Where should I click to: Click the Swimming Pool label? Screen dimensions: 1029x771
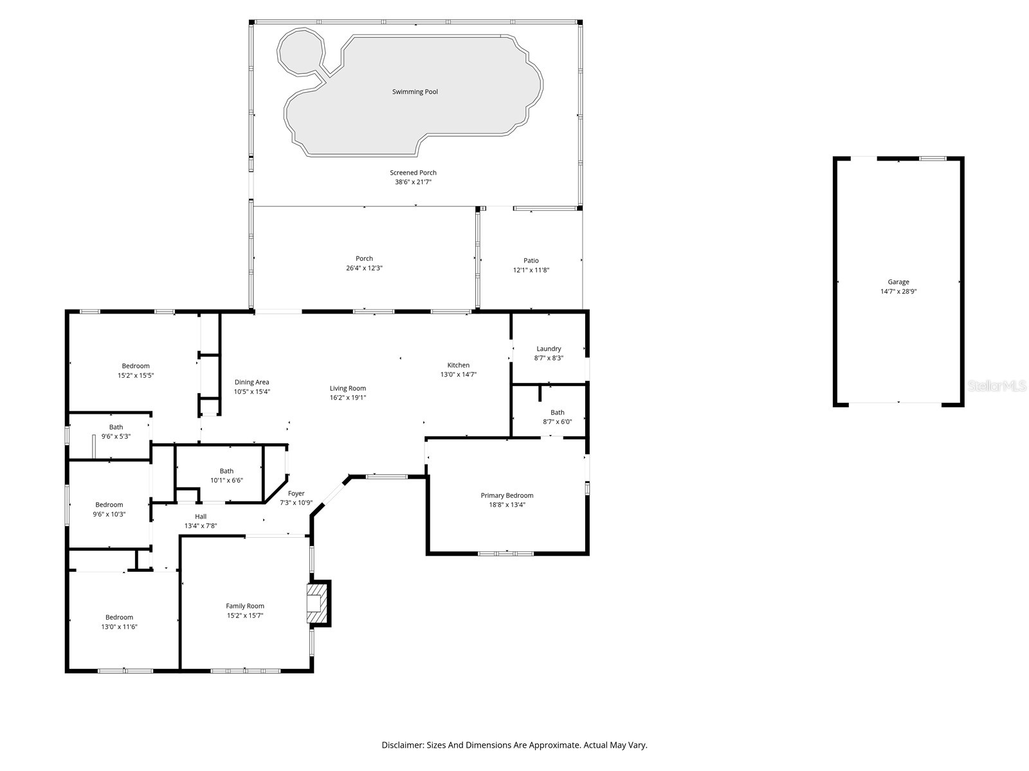415,92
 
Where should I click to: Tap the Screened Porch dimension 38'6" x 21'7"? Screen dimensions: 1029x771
413,182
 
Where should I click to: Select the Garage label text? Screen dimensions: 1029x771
898,282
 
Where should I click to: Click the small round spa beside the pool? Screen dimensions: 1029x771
300,51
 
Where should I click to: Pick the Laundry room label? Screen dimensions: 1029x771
549,349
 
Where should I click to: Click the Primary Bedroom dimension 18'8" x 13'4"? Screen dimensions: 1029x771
507,504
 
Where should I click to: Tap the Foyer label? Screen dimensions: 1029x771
296,493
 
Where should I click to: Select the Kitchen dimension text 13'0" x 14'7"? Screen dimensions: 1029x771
459,375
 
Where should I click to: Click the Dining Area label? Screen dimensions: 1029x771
251,382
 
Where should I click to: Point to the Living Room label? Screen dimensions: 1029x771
348,389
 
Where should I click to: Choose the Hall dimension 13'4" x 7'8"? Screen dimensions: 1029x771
201,526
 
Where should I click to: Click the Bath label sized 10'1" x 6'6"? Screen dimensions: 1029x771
226,472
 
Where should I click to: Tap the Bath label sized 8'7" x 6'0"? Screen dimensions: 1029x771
558,412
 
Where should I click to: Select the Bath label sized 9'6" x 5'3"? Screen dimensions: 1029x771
116,427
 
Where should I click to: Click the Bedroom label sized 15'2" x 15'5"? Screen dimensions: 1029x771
136,366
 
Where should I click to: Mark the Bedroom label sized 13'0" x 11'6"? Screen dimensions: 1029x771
119,617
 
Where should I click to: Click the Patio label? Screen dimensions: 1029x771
531,261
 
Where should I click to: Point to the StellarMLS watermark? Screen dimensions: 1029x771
997,386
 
